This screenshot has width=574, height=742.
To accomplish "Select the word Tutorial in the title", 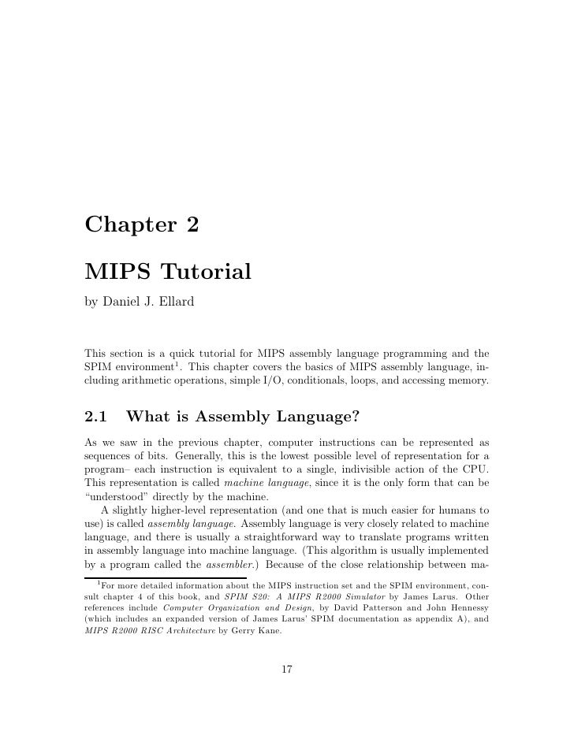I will pos(206,273).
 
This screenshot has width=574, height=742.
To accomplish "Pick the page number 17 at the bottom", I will pos(287,670).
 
